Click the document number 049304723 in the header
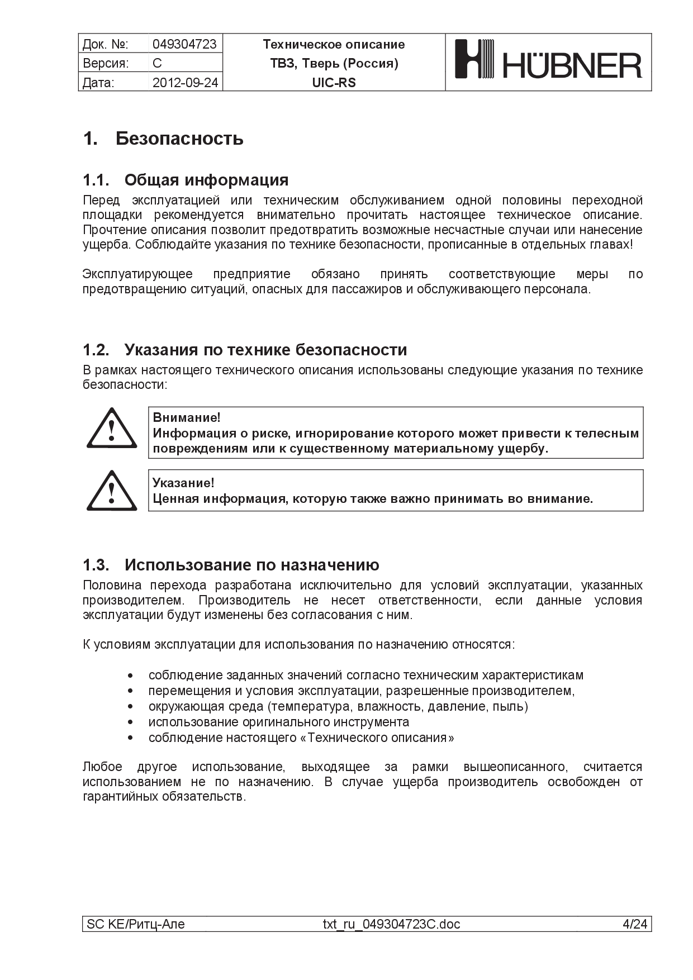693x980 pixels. (184, 44)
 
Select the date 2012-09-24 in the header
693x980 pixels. (185, 83)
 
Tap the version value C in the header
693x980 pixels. (157, 63)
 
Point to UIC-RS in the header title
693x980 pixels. (334, 83)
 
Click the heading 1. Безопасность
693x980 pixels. (163, 139)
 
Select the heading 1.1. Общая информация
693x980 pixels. (186, 180)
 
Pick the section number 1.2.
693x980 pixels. (96, 350)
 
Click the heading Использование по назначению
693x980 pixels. (251, 565)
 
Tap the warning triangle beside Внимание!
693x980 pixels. (112, 429)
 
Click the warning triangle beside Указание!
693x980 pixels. (112, 491)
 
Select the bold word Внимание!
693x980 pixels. (187, 417)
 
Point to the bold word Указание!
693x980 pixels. (183, 483)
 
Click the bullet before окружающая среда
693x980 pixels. (130, 707)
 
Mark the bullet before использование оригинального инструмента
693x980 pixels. (130, 722)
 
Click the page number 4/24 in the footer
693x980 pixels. (635, 924)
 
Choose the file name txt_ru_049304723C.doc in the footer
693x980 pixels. (391, 924)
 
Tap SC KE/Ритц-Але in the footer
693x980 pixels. (136, 924)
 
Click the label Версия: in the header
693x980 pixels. (106, 63)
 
